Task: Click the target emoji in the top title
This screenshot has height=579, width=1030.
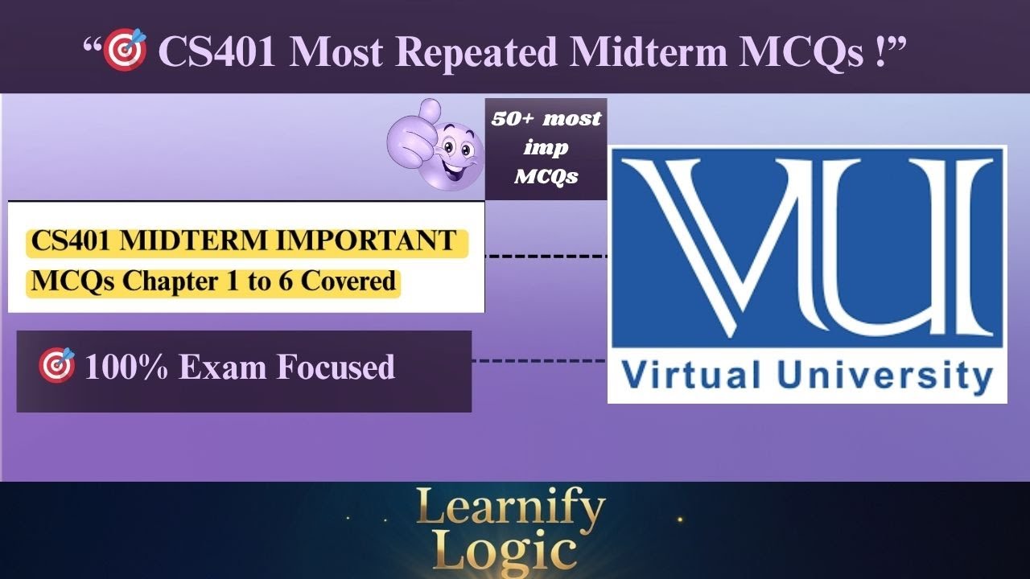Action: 126,50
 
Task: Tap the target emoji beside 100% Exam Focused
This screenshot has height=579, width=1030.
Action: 56,366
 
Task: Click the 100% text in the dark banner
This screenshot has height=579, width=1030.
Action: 126,368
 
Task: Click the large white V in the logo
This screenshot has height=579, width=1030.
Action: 692,241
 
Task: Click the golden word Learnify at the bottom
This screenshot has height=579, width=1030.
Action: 510,509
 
